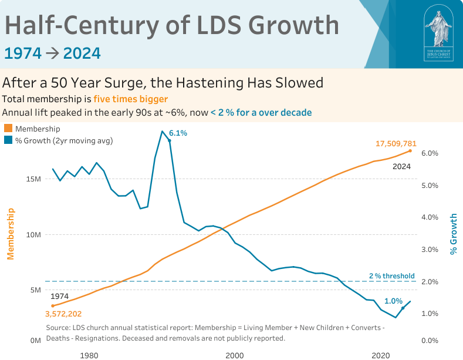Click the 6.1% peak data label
(x=177, y=133)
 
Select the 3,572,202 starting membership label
(x=63, y=314)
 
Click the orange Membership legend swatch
(x=8, y=129)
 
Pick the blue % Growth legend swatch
(x=8, y=140)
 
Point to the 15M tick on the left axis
(x=33, y=179)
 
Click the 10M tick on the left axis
(x=33, y=235)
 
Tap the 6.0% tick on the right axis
(x=430, y=153)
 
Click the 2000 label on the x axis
(x=234, y=355)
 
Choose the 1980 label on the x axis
(x=89, y=355)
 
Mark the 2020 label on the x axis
(x=381, y=355)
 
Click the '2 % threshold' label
(x=391, y=275)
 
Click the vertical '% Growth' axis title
(x=453, y=234)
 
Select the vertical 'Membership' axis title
(x=10, y=234)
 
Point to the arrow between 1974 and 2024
(x=52, y=53)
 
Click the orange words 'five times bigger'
(x=130, y=99)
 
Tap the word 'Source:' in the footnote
(x=58, y=327)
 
